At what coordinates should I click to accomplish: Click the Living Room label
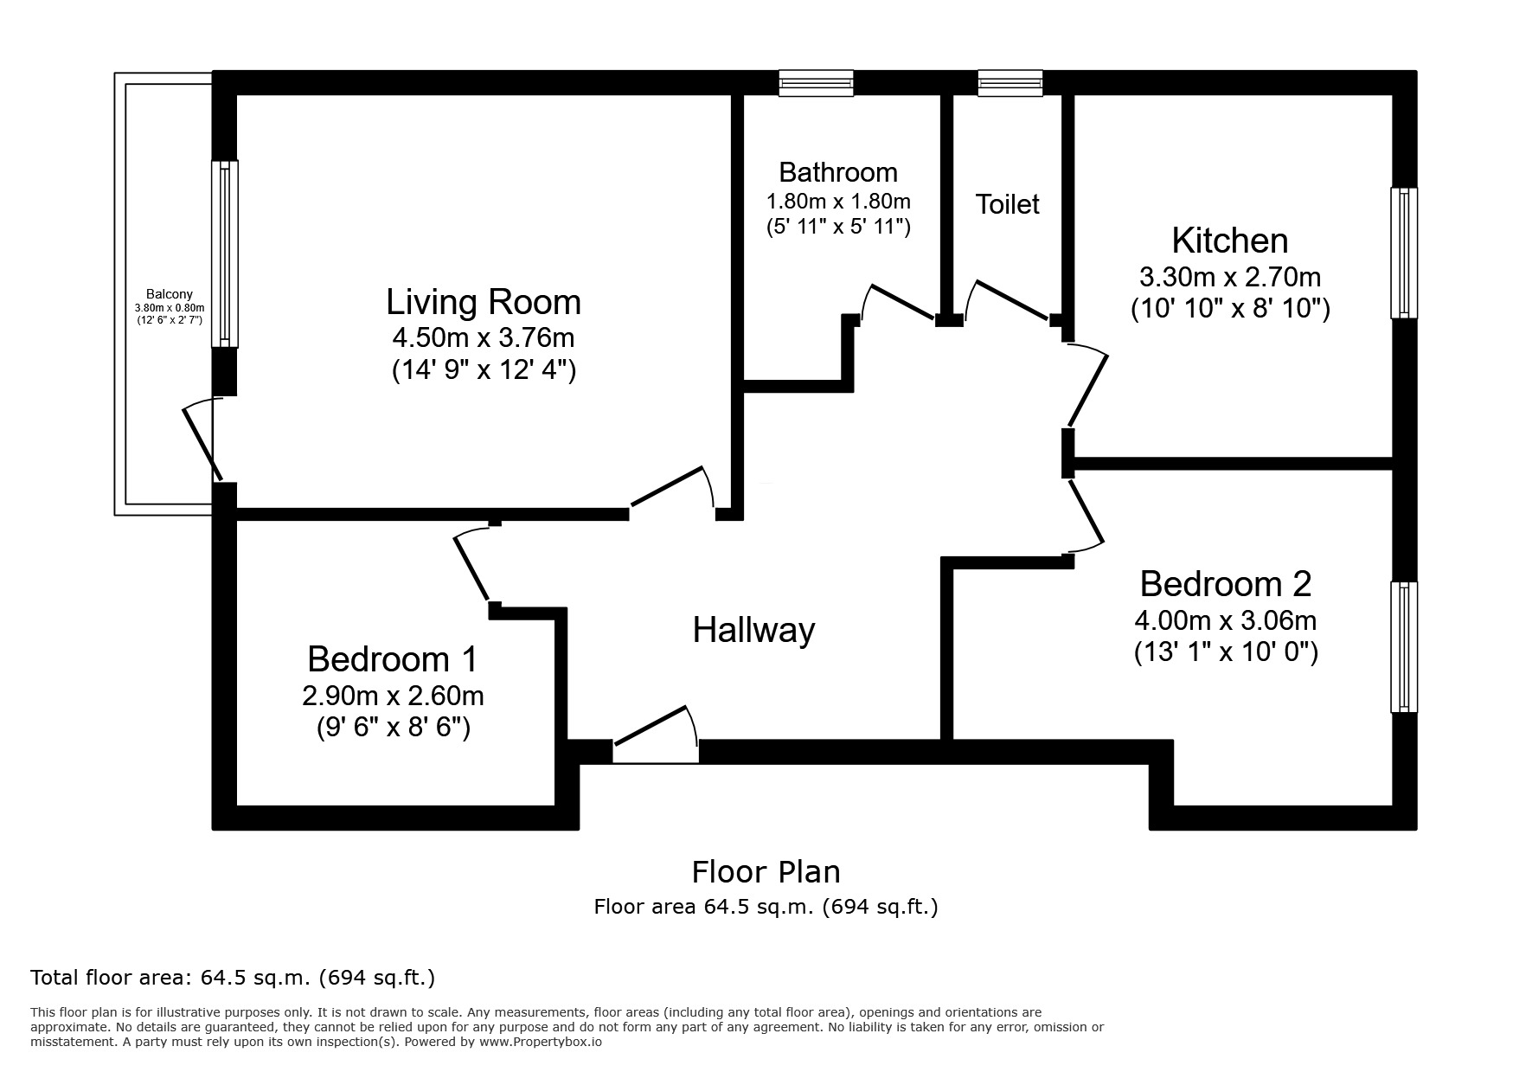click(x=483, y=302)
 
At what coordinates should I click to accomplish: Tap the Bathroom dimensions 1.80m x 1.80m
click(x=838, y=202)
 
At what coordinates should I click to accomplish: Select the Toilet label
click(x=1007, y=204)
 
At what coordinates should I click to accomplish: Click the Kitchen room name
click(x=1229, y=240)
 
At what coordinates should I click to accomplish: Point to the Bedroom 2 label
click(x=1225, y=584)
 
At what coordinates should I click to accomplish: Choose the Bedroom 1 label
click(x=392, y=659)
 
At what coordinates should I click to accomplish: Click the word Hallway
click(x=753, y=630)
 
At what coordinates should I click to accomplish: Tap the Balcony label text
click(x=170, y=294)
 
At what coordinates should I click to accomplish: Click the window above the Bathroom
click(x=816, y=83)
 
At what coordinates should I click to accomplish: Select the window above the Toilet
click(x=1010, y=83)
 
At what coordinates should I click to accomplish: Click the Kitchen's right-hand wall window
click(x=1403, y=253)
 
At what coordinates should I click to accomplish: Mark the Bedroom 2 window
click(x=1403, y=647)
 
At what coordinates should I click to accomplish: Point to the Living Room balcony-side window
click(x=226, y=254)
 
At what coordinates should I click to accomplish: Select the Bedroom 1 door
click(x=473, y=567)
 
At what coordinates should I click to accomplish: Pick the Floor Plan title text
click(x=766, y=871)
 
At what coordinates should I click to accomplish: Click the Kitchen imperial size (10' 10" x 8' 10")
click(x=1229, y=309)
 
